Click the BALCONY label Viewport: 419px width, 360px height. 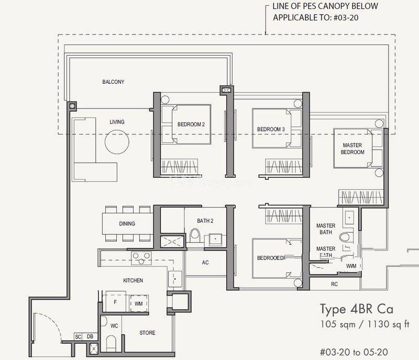pyautogui.click(x=113, y=82)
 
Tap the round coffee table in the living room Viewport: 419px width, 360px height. pyautogui.click(x=117, y=141)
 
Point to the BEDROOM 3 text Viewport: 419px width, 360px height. pyautogui.click(x=271, y=129)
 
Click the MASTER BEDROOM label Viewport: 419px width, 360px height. pyautogui.click(x=353, y=148)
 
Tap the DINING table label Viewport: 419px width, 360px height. pyautogui.click(x=127, y=224)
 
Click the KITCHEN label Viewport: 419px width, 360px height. pyautogui.click(x=133, y=280)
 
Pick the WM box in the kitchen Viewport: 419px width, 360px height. pyautogui.click(x=138, y=303)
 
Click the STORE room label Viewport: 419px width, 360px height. pyautogui.click(x=147, y=333)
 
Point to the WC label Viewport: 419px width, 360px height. pyautogui.click(x=114, y=325)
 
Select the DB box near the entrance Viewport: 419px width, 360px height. pyautogui.click(x=90, y=336)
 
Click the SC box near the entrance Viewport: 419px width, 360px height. pyautogui.click(x=78, y=336)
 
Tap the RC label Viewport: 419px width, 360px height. pyautogui.click(x=334, y=284)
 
